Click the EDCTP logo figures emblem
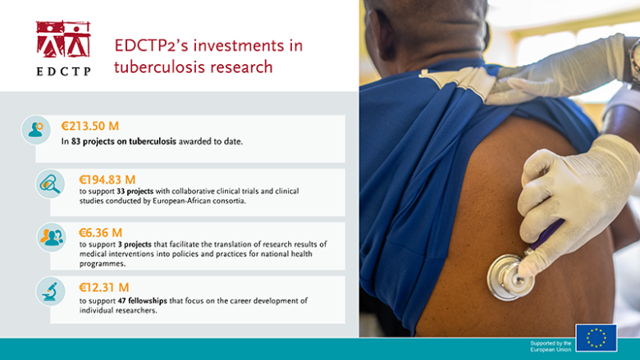[x=63, y=39]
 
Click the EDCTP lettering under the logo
[x=63, y=71]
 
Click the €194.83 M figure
[x=107, y=180]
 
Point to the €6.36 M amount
[x=100, y=232]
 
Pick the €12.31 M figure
[x=103, y=287]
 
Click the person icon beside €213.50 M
[x=35, y=130]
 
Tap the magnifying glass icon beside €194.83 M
[x=50, y=184]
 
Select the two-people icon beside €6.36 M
[x=50, y=237]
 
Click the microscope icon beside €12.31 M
[x=50, y=291]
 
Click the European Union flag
[x=596, y=338]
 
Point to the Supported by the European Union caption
[x=551, y=346]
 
